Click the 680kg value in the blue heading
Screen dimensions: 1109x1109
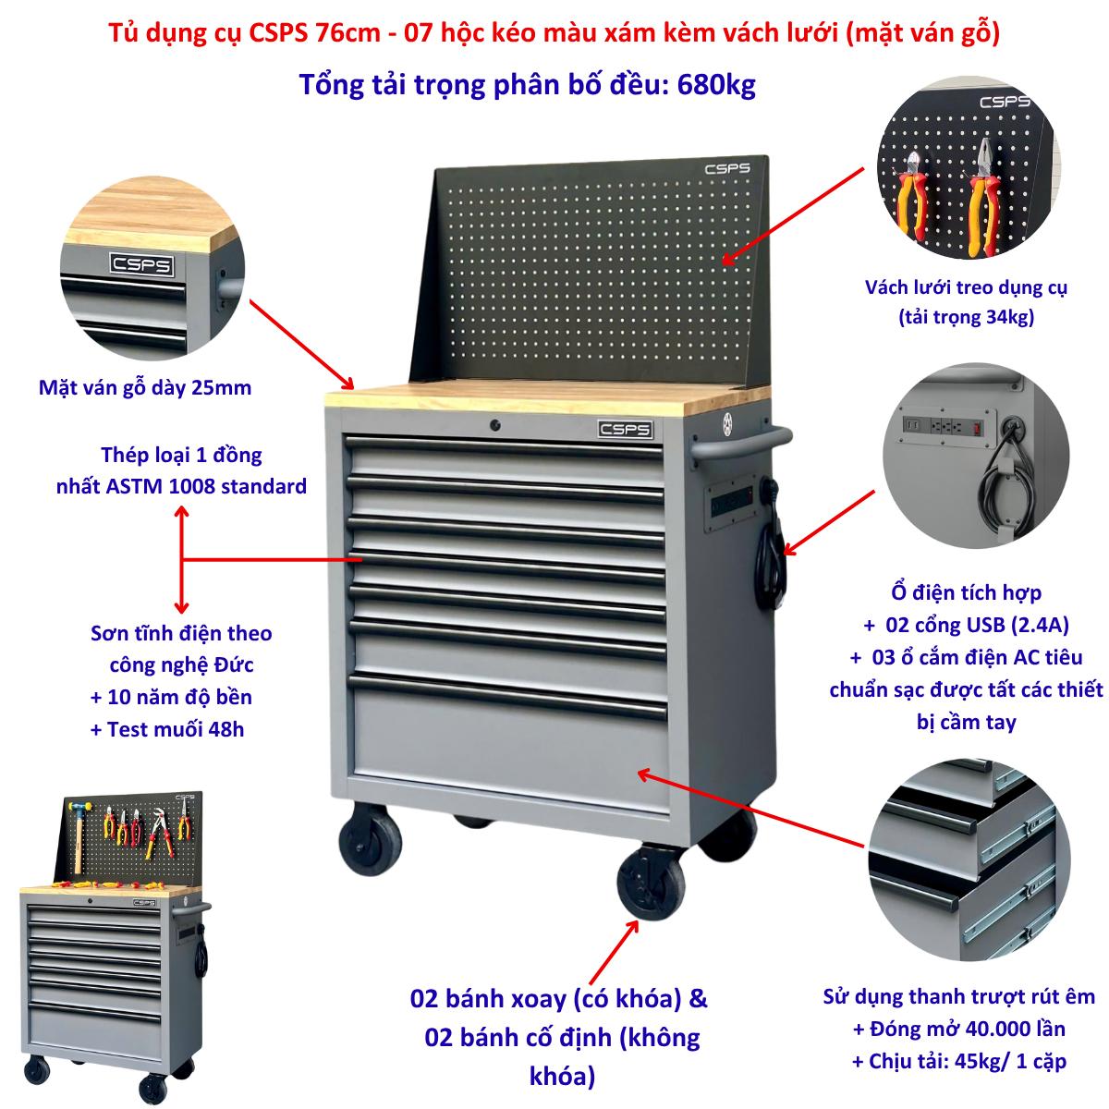click(716, 85)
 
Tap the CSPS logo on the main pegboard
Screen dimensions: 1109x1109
click(727, 168)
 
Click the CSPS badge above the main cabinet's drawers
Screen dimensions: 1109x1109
click(625, 430)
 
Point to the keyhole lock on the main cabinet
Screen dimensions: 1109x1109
click(494, 425)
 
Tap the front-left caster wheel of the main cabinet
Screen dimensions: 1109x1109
click(370, 841)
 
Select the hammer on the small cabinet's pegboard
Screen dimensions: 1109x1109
click(79, 832)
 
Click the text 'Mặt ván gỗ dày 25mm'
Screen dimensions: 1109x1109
click(145, 388)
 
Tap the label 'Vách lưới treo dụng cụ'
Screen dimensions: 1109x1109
click(967, 287)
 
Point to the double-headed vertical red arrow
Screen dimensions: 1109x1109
click(182, 559)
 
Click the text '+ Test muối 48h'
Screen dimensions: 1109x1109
click(167, 730)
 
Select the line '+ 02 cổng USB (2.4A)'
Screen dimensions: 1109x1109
click(967, 625)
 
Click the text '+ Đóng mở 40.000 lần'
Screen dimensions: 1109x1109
click(958, 1029)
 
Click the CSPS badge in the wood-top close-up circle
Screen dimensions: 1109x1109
click(141, 264)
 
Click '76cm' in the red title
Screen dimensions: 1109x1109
click(347, 33)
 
